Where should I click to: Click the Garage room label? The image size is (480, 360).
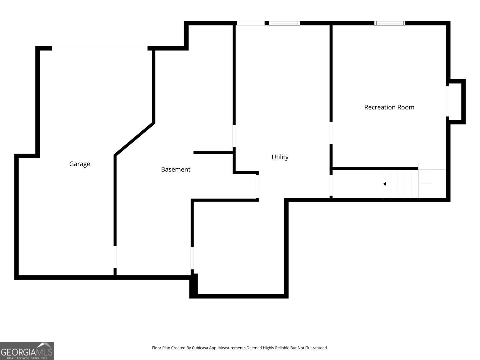[80, 164]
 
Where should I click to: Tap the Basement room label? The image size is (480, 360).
[176, 169]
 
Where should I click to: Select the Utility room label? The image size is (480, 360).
[280, 157]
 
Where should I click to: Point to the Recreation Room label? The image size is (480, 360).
[389, 107]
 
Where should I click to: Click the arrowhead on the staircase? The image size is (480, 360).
[384, 184]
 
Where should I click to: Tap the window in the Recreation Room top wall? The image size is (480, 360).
[390, 23]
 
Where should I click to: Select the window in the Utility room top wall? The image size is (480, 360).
[284, 23]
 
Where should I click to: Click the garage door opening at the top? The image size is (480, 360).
[100, 46]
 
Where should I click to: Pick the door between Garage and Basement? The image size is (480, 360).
[115, 257]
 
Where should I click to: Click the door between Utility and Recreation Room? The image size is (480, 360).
[331, 133]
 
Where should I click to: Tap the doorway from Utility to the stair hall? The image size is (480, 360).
[331, 186]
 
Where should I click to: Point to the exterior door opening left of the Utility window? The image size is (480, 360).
[251, 23]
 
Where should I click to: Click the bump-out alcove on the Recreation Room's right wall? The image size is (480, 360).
[456, 102]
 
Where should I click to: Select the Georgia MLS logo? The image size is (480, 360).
[27, 351]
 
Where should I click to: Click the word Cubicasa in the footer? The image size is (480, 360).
[200, 348]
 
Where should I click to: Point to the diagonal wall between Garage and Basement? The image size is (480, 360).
[134, 139]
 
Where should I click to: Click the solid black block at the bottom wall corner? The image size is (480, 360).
[194, 286]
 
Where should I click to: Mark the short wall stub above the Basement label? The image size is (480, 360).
[213, 153]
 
